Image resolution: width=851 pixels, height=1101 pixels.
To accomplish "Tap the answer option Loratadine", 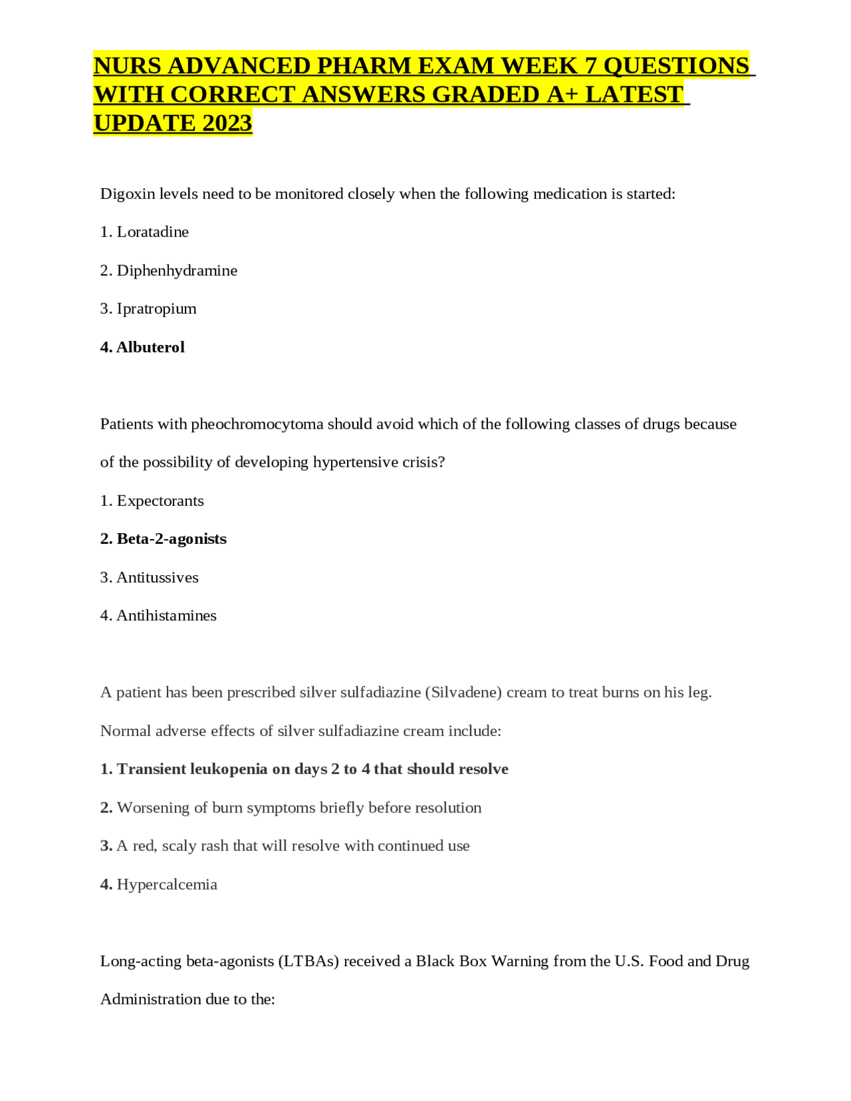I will (x=152, y=232).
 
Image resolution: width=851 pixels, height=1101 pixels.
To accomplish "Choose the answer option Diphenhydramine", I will (x=177, y=271).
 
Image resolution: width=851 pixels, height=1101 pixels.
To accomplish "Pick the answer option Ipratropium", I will (x=156, y=308).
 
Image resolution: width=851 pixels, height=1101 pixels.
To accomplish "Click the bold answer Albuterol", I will (x=150, y=347).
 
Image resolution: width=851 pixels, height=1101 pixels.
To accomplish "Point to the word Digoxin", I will (x=127, y=194).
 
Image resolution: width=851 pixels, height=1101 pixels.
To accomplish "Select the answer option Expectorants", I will (x=160, y=501).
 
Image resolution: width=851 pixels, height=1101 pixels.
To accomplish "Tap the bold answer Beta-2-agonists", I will (x=172, y=539).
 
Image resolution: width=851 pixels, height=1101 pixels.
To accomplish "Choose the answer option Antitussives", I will (x=158, y=577).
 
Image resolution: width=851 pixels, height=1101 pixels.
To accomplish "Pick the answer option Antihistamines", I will (x=166, y=616).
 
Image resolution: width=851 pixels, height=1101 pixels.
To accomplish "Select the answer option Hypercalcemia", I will (x=167, y=884).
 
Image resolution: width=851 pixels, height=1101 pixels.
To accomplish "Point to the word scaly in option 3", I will (x=180, y=846).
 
